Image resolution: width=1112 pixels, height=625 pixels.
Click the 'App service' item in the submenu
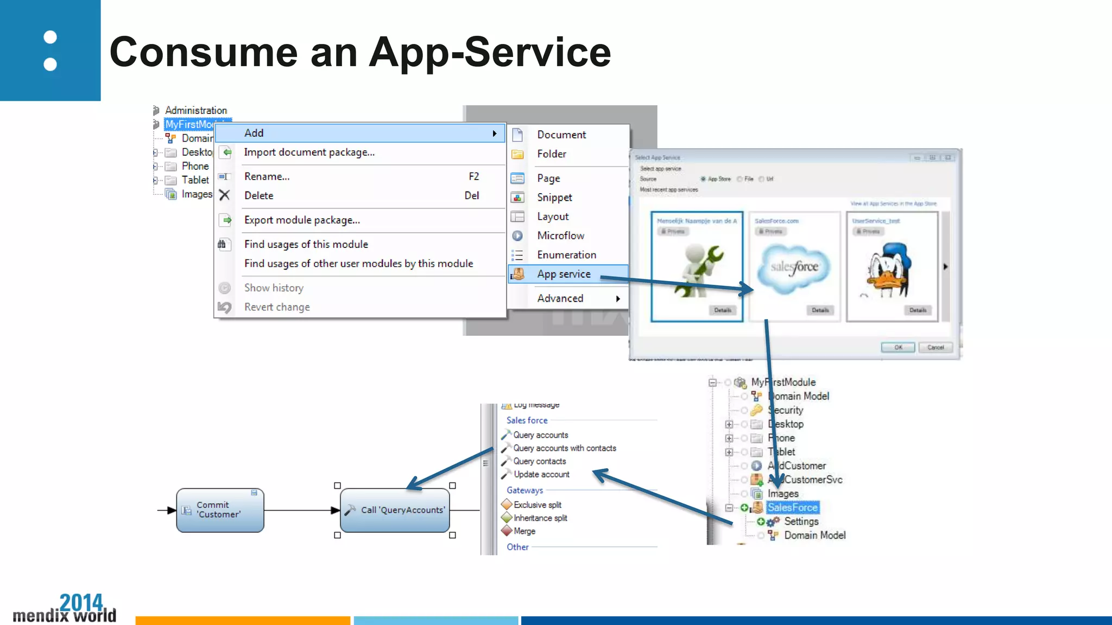tap(564, 274)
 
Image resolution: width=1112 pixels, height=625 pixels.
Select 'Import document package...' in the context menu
tap(309, 152)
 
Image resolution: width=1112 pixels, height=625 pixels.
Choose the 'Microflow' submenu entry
tap(560, 235)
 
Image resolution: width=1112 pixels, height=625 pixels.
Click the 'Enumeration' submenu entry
tap(566, 255)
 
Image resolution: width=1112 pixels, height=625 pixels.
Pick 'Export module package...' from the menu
tap(302, 220)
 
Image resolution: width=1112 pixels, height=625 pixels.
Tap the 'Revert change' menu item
tap(277, 307)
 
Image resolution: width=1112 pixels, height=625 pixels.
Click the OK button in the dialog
tap(898, 347)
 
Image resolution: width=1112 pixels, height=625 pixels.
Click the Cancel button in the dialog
tap(935, 347)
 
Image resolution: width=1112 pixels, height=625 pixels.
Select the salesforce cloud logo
tap(794, 267)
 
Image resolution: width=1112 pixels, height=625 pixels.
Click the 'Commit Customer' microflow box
tap(220, 510)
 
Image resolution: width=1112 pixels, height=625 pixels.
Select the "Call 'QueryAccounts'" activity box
tap(395, 510)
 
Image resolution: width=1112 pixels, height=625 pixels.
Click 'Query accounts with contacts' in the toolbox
tap(564, 448)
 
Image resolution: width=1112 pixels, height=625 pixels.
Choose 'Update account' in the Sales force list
tap(541, 474)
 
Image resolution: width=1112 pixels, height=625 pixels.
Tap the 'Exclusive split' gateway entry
tap(537, 505)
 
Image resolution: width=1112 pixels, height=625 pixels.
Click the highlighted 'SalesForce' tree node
tap(792, 508)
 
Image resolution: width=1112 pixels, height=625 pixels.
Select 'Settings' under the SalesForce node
tap(801, 521)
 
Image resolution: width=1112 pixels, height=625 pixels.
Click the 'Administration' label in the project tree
tap(196, 110)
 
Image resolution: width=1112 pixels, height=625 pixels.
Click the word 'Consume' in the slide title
tap(204, 52)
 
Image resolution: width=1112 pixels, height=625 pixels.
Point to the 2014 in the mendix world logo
tap(81, 602)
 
